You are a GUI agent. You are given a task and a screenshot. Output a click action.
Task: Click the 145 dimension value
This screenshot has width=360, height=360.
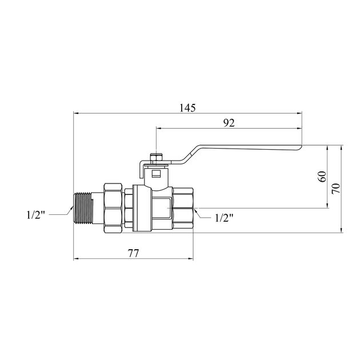coord(187,108)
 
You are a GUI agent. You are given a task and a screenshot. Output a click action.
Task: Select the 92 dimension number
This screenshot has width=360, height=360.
coord(229,123)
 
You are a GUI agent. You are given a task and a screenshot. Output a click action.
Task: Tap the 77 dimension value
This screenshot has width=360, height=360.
coord(133,254)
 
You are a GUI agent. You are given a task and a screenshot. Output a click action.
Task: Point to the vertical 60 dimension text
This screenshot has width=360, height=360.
coord(323,177)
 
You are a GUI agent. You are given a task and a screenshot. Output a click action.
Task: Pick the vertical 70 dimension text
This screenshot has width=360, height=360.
coord(336,188)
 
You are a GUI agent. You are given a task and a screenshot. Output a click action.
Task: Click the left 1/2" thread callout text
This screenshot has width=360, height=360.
coord(35,215)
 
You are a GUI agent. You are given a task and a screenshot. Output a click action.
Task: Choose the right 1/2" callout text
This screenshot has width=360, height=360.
coord(224,218)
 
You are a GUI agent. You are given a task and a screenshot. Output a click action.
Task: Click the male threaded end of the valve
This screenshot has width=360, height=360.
coord(83,208)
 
